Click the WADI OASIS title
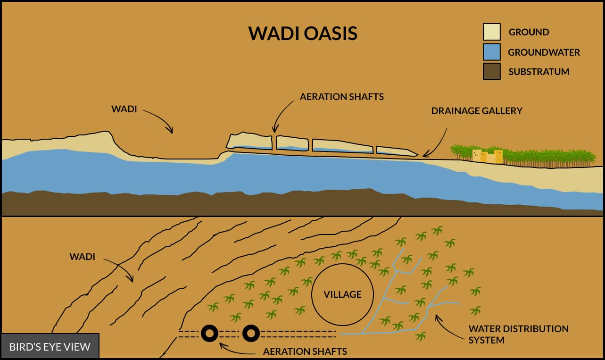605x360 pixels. coord(303,34)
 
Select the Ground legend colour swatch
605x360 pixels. coord(491,32)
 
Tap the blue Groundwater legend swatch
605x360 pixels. coord(491,52)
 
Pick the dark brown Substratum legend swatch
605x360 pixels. coord(491,72)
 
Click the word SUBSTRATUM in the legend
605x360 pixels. coord(539,72)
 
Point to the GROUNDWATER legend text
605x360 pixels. coord(544,52)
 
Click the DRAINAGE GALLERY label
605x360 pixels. coord(477,111)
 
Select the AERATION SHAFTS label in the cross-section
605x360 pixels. coord(341,97)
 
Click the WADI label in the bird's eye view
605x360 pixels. coord(83,257)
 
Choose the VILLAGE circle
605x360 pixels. coord(342,294)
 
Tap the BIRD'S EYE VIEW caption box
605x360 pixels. coord(50,347)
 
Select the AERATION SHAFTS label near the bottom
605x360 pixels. coord(305,352)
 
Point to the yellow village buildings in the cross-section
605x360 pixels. coord(487,156)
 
